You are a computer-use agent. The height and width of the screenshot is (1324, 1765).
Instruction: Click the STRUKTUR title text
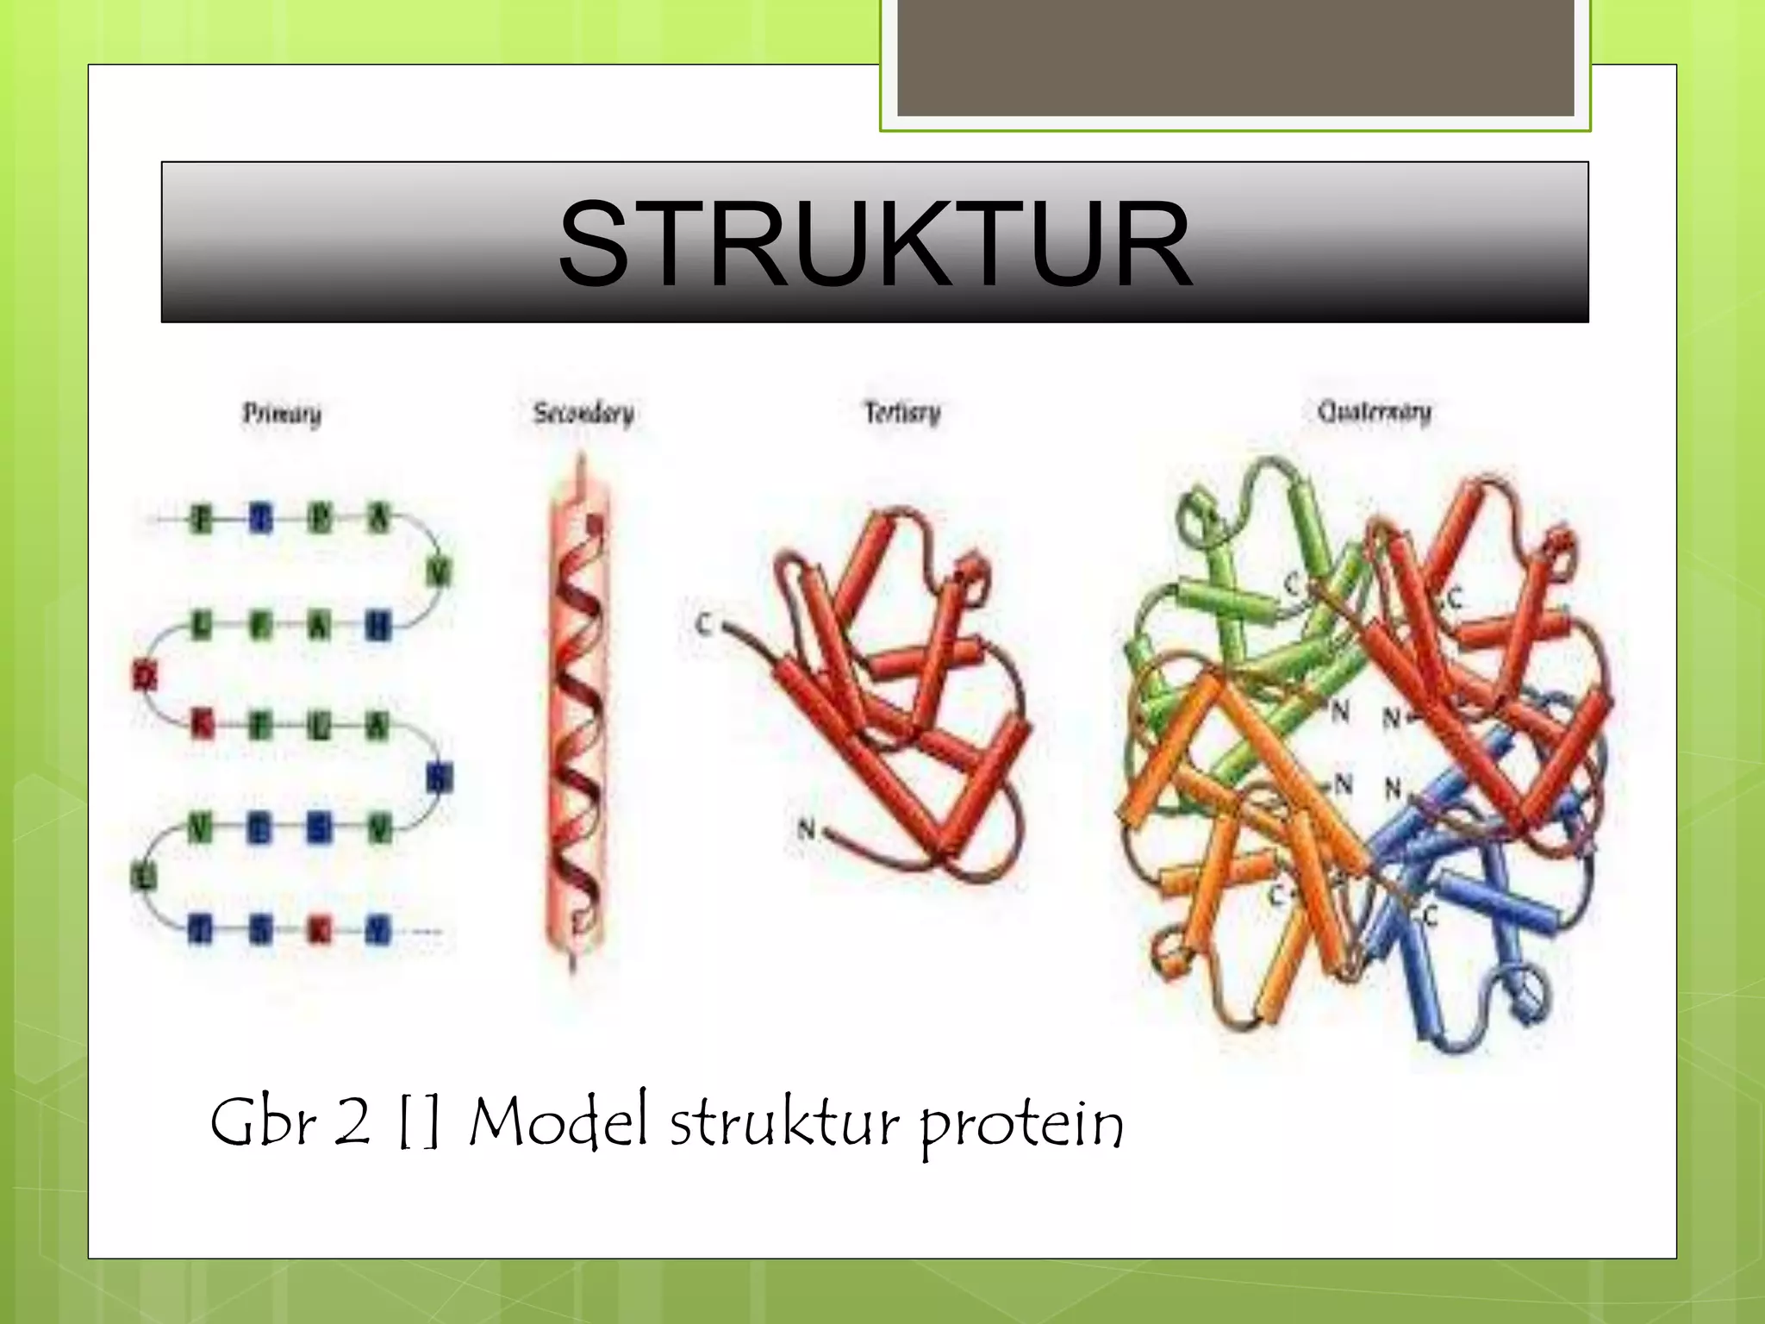pyautogui.click(x=874, y=244)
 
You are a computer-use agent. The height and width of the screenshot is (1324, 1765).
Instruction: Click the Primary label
pyautogui.click(x=282, y=415)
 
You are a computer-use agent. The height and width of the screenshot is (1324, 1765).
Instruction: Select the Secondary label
pyautogui.click(x=583, y=414)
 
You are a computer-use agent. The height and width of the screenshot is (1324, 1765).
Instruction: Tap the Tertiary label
pyautogui.click(x=902, y=413)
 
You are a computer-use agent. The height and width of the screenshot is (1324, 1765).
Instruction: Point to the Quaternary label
pyautogui.click(x=1374, y=412)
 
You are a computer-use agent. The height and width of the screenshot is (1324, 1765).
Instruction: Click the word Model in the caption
pyautogui.click(x=558, y=1122)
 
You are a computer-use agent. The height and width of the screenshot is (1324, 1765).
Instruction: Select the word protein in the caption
pyautogui.click(x=1021, y=1126)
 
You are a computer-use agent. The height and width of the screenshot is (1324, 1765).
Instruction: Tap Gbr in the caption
pyautogui.click(x=263, y=1122)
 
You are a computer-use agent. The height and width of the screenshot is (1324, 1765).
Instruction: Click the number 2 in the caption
pyautogui.click(x=352, y=1122)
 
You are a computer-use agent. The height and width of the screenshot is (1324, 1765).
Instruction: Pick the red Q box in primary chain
pyautogui.click(x=145, y=676)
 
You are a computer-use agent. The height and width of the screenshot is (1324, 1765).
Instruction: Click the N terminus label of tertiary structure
pyautogui.click(x=806, y=829)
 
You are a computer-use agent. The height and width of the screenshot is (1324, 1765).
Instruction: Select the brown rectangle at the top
pyautogui.click(x=1235, y=57)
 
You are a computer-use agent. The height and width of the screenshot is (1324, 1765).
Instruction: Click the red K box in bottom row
pyautogui.click(x=319, y=930)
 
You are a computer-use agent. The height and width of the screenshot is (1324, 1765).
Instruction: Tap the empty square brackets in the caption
pyautogui.click(x=420, y=1122)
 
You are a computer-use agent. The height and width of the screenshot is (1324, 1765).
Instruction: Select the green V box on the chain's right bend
pyautogui.click(x=440, y=571)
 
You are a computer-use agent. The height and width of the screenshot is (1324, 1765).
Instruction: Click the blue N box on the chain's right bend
pyautogui.click(x=440, y=778)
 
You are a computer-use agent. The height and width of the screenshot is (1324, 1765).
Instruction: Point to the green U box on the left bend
pyautogui.click(x=145, y=877)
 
